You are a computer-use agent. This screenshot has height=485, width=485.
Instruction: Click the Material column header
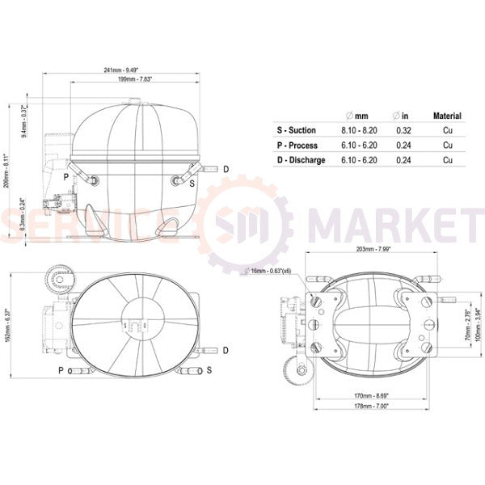coord(447,116)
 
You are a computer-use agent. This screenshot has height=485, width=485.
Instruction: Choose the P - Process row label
coord(297,145)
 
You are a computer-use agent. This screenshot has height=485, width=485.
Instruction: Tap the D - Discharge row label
coord(301,160)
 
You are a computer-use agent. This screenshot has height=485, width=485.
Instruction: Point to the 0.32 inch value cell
coord(403,130)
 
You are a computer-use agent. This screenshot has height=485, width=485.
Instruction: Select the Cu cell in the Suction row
coord(447,130)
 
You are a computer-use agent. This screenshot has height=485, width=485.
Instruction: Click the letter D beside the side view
coord(226,168)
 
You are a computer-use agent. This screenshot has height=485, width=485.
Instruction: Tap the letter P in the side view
coord(65,175)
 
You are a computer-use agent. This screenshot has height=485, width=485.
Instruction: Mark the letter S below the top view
coord(209,370)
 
